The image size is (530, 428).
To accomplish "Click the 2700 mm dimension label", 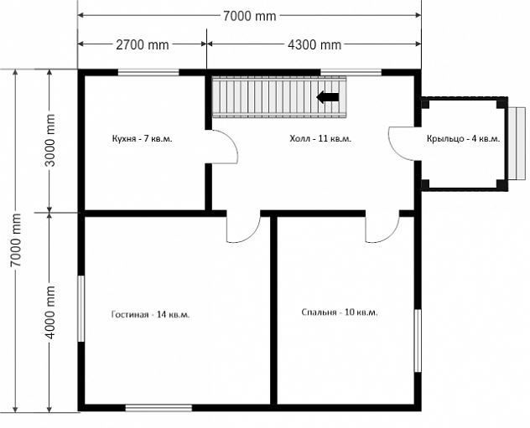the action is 143,44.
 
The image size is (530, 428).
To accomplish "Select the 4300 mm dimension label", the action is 314,44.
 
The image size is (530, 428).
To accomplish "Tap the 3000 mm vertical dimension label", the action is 50,141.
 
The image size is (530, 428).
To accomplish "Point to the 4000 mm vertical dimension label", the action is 50,312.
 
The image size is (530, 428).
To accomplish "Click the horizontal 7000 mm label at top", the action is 250,16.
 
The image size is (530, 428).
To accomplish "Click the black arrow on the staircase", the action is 328,97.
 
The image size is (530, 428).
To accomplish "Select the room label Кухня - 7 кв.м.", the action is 142,138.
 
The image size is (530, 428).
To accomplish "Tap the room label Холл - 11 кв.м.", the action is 320,138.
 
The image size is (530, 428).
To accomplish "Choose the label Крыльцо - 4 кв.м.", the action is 463,138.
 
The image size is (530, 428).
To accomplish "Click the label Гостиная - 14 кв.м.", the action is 150,314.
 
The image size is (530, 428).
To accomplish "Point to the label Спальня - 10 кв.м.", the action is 340,312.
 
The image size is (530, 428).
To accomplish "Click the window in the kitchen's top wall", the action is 148,72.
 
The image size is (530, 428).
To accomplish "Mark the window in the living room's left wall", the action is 81,309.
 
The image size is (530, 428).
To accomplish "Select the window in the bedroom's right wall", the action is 418,341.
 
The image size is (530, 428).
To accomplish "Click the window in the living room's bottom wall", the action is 158,408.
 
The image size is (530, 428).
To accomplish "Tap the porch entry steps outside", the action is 517,143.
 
